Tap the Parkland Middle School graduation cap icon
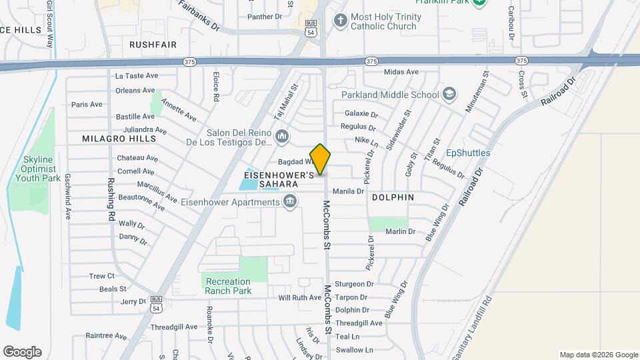click(x=450, y=94)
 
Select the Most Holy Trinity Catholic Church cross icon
click(x=340, y=20)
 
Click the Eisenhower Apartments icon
click(x=290, y=201)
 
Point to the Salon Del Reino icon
click(x=282, y=137)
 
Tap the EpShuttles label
click(x=468, y=153)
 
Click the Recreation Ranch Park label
click(x=228, y=286)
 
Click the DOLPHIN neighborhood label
click(x=393, y=197)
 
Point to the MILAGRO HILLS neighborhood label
click(x=118, y=139)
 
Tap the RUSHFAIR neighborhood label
click(x=153, y=44)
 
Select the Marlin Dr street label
click(x=401, y=231)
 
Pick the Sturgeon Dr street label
click(x=353, y=284)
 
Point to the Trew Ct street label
click(x=102, y=276)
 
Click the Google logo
click(x=22, y=352)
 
